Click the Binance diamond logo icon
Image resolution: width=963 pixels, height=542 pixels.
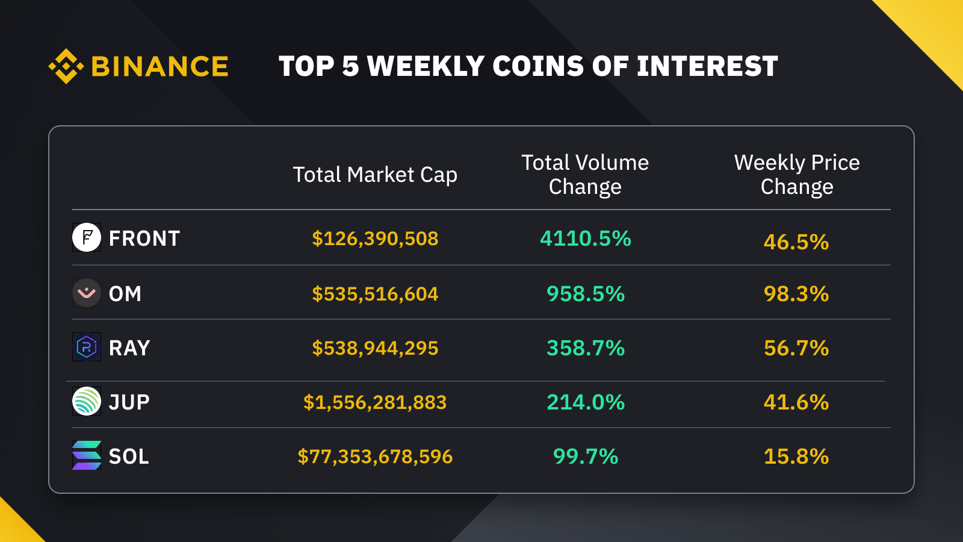(x=66, y=66)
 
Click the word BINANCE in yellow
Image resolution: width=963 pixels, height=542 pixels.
(x=159, y=66)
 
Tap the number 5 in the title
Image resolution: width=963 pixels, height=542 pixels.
(x=350, y=66)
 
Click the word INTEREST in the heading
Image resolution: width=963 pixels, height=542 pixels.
(x=707, y=66)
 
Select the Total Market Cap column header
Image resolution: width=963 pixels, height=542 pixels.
(x=375, y=175)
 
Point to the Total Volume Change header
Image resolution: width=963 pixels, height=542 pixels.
(x=585, y=175)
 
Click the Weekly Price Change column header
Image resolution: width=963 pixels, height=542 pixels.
(x=797, y=175)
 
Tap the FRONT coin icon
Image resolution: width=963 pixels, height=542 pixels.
(x=87, y=237)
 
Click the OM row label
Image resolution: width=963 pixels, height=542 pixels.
(x=125, y=294)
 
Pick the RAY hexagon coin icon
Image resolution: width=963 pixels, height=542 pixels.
(x=87, y=347)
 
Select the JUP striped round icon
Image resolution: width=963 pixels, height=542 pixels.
(x=87, y=401)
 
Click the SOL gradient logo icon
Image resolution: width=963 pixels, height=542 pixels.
(x=87, y=455)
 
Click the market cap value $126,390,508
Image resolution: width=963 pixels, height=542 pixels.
(x=375, y=238)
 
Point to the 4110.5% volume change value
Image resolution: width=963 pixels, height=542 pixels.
(x=585, y=238)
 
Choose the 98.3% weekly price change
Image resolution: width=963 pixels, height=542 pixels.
(x=796, y=294)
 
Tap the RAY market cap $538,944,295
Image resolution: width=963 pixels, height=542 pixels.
(x=375, y=348)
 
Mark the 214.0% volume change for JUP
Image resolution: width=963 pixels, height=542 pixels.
(x=585, y=402)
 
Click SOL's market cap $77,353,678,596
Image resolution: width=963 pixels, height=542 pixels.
(x=375, y=456)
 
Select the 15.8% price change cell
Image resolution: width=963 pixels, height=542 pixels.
(x=796, y=456)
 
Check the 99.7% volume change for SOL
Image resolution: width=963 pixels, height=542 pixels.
(x=585, y=456)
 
